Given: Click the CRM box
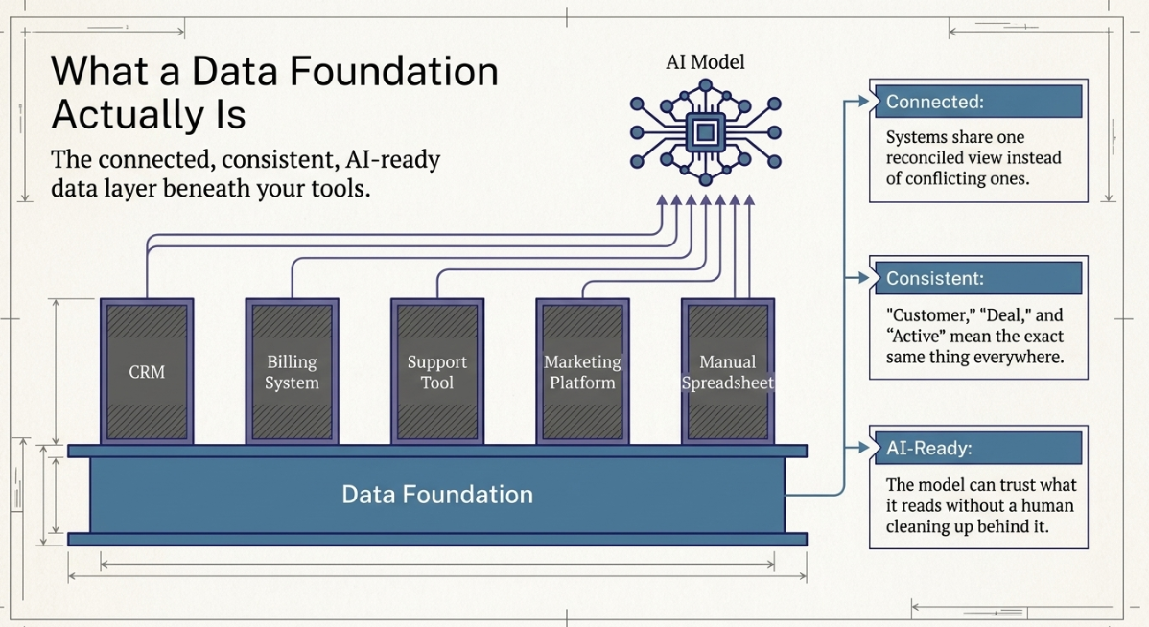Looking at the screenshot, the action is (147, 371).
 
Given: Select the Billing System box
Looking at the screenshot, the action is (292, 371).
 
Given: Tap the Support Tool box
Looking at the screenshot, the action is (436, 371).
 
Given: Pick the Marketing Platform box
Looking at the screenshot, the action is (582, 371).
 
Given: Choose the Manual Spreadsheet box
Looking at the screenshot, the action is (728, 371).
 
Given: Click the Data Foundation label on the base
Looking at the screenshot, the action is (437, 495).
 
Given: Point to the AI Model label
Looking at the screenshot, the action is (705, 62).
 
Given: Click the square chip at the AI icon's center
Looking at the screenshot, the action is (705, 132).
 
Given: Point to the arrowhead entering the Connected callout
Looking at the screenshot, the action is (863, 101).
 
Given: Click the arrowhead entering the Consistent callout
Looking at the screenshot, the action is (863, 278).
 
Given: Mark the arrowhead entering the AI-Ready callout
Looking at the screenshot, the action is (863, 448).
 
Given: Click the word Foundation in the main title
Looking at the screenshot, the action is (394, 71).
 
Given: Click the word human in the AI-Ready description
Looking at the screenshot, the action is (1047, 505).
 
